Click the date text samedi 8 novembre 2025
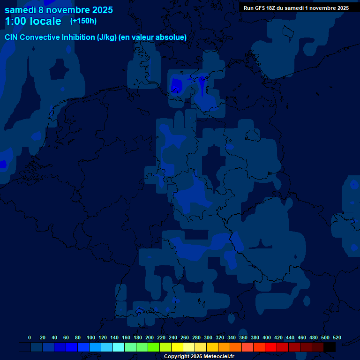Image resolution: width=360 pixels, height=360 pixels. (59, 10)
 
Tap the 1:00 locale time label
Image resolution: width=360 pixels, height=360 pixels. (33, 21)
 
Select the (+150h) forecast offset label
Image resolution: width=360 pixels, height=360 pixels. (83, 21)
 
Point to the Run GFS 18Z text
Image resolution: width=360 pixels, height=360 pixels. (296, 8)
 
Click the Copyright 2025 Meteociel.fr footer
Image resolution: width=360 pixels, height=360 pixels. (199, 356)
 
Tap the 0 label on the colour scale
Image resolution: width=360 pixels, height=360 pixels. (30, 337)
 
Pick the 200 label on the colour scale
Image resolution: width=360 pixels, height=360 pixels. (150, 337)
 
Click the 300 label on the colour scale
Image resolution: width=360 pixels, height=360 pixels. (208, 337)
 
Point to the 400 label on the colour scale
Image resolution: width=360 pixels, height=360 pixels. (267, 337)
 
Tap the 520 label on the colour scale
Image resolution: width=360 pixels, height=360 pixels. (337, 337)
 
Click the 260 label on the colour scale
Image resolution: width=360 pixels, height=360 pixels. (185, 337)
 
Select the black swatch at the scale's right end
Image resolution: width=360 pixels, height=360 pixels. (330, 347)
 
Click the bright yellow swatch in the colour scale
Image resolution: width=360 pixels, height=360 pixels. (177, 347)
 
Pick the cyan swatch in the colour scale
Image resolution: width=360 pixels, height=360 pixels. (119, 347)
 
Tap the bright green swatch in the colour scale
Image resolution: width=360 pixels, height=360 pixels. (154, 347)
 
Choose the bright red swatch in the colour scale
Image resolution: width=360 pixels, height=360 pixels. (271, 347)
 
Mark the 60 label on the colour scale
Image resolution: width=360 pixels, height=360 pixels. (66, 337)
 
